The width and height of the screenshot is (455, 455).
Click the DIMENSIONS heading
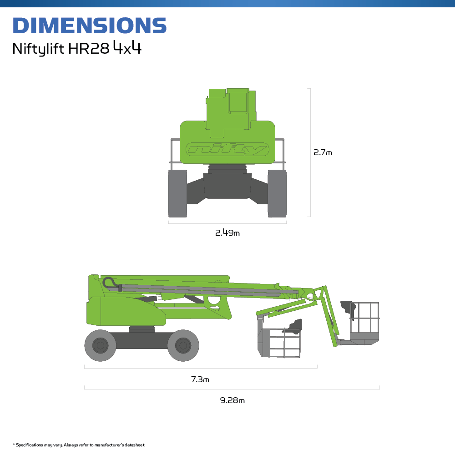(x=90, y=25)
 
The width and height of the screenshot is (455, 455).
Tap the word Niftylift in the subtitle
(x=38, y=49)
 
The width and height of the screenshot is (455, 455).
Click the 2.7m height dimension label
(x=323, y=152)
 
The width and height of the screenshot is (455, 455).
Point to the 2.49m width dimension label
(x=227, y=233)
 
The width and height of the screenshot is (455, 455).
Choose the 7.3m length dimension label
(x=200, y=379)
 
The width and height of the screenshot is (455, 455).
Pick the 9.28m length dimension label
(x=233, y=400)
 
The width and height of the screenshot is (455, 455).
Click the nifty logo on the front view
(x=227, y=149)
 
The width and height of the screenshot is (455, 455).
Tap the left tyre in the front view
(x=177, y=193)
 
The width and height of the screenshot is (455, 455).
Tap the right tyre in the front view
(x=277, y=193)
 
